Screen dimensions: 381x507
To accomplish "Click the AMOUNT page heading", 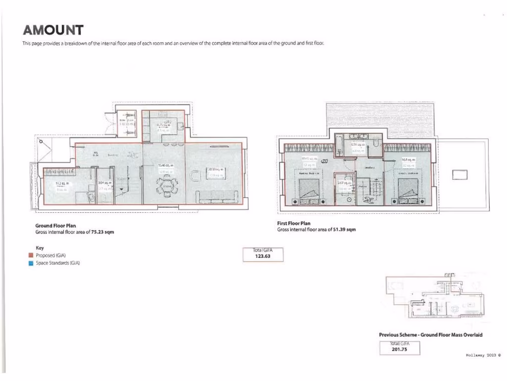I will pyautogui.click(x=53, y=31).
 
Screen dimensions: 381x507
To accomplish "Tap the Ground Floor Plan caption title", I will pyautogui.click(x=55, y=226).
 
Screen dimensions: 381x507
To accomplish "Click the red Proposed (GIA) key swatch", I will pyautogui.click(x=31, y=255).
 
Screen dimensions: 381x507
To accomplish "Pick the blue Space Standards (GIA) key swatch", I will pyautogui.click(x=31, y=263).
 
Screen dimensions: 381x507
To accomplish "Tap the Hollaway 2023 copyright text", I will pyautogui.click(x=484, y=355).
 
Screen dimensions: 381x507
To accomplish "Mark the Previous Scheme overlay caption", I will pyautogui.click(x=430, y=335).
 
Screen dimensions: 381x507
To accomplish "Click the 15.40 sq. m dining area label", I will pyautogui.click(x=164, y=166).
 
